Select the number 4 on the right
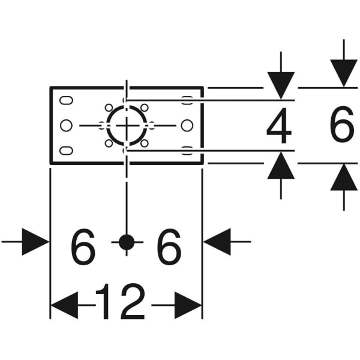point(280,127)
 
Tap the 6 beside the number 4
point(343,127)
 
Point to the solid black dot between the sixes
point(126,242)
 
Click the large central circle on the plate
point(126,125)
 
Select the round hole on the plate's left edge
point(67,125)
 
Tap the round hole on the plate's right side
point(187,125)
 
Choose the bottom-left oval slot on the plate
point(67,150)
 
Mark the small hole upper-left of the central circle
point(109,108)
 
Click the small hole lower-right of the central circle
point(144,143)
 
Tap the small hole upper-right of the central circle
point(144,108)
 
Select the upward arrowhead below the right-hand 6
point(344,178)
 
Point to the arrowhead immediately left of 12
point(65,306)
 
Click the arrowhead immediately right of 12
point(188,306)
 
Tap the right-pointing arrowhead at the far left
point(35,242)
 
